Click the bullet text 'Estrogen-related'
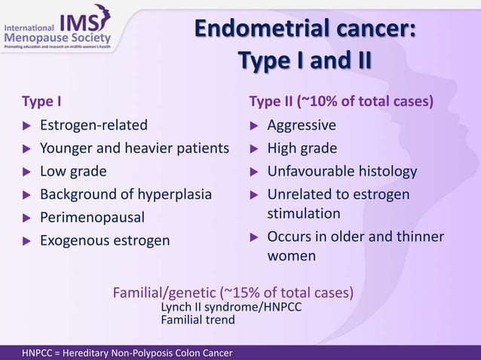(93, 125)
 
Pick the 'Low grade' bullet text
(73, 172)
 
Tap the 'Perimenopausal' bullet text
(91, 218)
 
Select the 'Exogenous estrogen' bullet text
(105, 241)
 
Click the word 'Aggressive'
(302, 125)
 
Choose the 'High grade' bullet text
(302, 148)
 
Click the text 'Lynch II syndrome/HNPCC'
(231, 307)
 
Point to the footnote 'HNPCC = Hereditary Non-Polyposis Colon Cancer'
(127, 352)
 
